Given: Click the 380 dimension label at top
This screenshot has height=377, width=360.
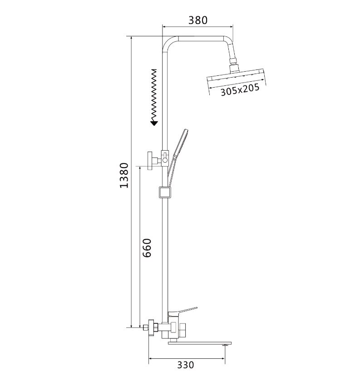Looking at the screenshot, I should [197, 20].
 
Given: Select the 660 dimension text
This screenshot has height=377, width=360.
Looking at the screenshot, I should [147, 247].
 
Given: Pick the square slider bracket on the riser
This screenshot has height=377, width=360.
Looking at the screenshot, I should [165, 193].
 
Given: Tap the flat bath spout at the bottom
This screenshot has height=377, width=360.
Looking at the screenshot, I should [200, 343].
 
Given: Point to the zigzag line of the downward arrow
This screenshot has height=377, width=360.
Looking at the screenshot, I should [154, 93].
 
